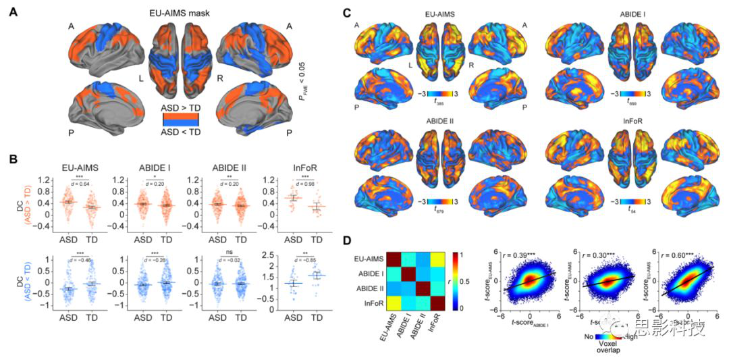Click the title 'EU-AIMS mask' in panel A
182,12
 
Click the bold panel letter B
12,159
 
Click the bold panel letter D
346,240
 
